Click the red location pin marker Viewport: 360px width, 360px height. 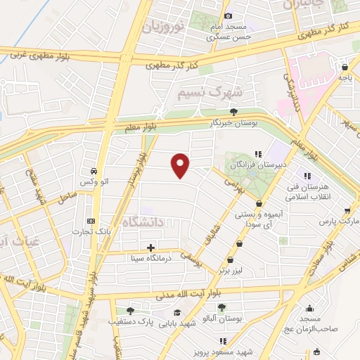point(181,165)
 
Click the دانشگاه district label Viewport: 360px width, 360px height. point(143,223)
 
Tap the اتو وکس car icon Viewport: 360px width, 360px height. point(94,171)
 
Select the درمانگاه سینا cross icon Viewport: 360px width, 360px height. point(151,247)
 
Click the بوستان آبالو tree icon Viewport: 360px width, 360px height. point(222,307)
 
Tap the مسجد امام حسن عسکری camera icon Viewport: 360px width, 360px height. point(227,15)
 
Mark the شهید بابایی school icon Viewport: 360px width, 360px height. point(177,313)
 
